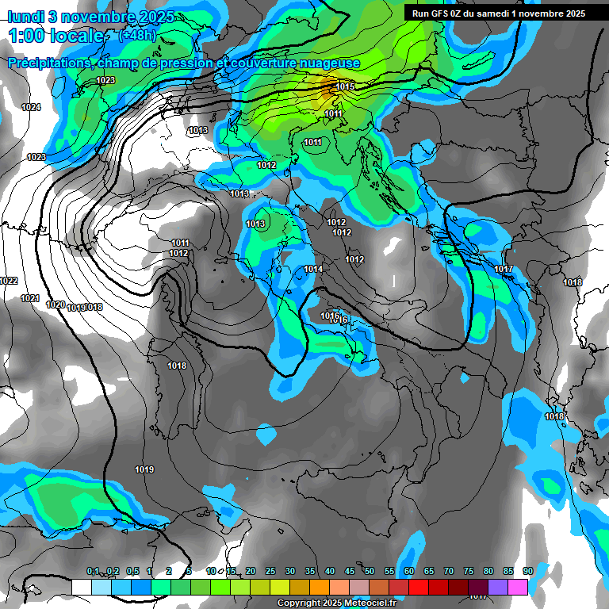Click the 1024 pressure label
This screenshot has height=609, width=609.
coord(31,107)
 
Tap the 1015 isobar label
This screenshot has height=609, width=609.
coord(345,86)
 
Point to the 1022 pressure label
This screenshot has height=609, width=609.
coord(9,281)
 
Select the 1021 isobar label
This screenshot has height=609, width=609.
coord(30,298)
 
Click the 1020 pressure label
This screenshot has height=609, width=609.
coord(56,304)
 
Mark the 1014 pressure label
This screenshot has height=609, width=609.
coord(313,270)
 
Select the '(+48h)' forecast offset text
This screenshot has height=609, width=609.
coord(137,36)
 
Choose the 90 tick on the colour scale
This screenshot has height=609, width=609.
coord(527,571)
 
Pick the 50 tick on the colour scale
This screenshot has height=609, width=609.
coord(370,571)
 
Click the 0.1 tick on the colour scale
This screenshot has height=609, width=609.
coord(93,571)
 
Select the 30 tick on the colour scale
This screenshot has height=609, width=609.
coord(290,571)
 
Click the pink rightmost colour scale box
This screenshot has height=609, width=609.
coord(518,587)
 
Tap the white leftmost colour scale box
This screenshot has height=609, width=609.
coord(82,587)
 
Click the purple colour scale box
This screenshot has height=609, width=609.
coord(498,587)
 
